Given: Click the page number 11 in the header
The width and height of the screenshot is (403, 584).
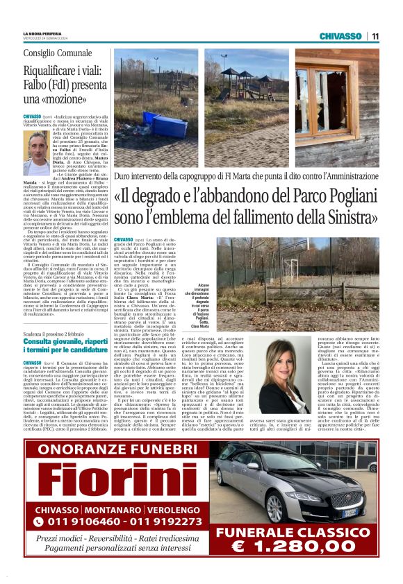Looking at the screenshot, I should [x=375, y=35].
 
